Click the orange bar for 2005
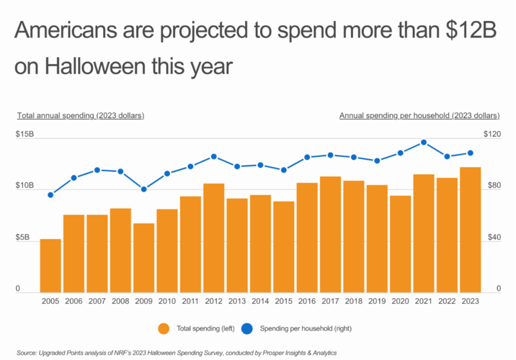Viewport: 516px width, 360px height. [50, 265]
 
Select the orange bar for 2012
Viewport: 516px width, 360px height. [214, 238]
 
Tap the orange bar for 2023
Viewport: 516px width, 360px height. [471, 229]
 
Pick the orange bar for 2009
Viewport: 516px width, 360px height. [144, 257]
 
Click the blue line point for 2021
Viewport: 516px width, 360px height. [424, 143]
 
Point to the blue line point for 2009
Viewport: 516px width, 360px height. [144, 189]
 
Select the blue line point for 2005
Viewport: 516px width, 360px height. [50, 195]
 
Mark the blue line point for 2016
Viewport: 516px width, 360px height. [307, 157]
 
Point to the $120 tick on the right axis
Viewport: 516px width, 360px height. [491, 135]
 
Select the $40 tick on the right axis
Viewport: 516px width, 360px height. [492, 238]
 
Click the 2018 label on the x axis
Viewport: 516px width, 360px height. [354, 302]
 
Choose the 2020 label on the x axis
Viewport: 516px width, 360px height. [401, 302]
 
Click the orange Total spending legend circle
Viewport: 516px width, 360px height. [164, 328]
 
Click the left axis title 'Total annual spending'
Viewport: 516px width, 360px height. [80, 115]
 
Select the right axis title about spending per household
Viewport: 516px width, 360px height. [419, 115]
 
